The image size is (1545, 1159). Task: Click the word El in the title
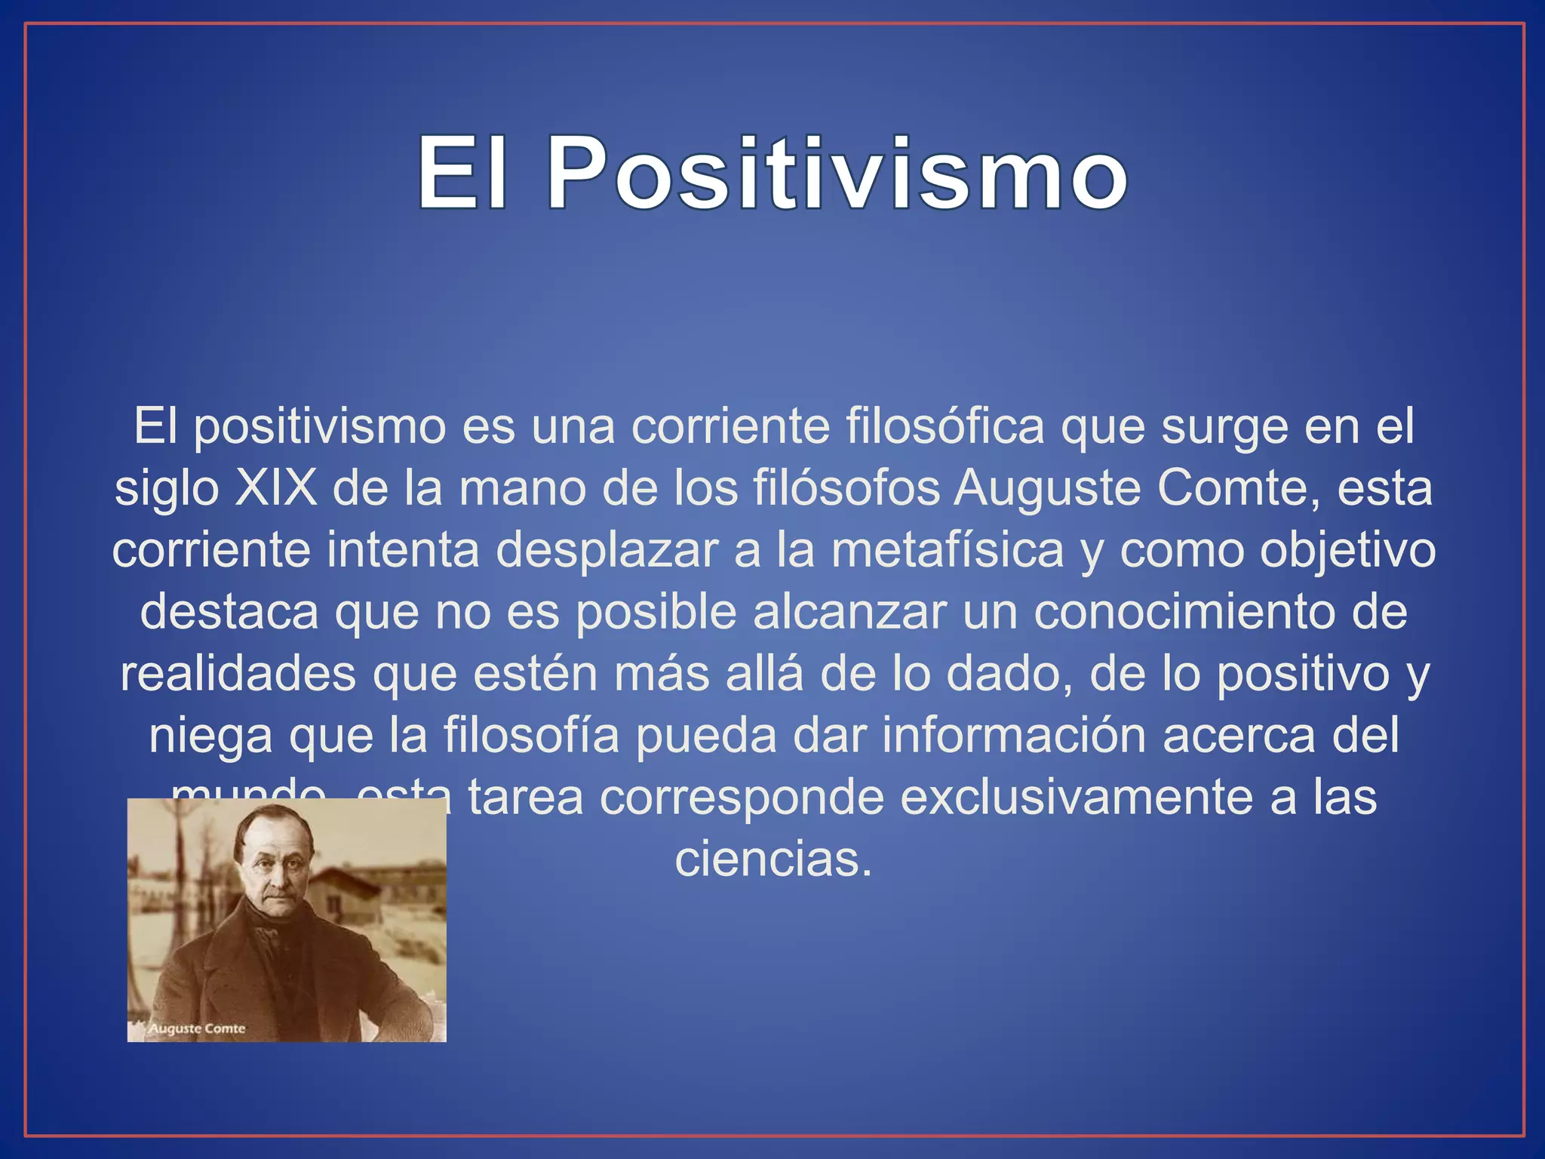(x=462, y=174)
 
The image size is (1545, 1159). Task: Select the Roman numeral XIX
(x=275, y=489)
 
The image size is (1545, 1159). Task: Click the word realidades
(x=238, y=674)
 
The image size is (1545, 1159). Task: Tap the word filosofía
(x=531, y=736)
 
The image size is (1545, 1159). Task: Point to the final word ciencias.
(x=772, y=859)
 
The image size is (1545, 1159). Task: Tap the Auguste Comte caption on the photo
(x=197, y=1029)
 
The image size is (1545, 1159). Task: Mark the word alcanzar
(x=849, y=612)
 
